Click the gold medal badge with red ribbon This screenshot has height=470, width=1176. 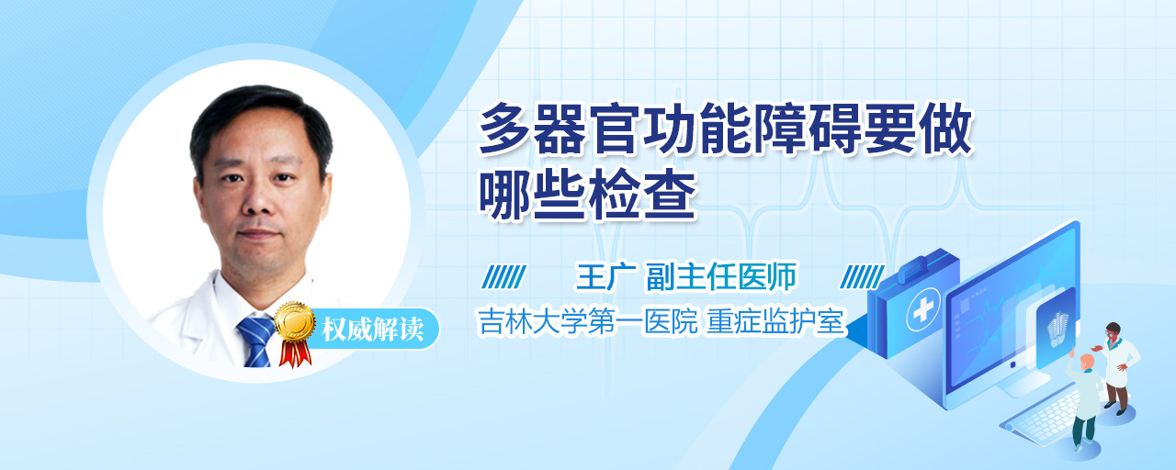tap(295, 331)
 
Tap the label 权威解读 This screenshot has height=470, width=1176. tap(372, 330)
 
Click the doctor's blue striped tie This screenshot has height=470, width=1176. tap(256, 341)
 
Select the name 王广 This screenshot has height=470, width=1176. tap(606, 276)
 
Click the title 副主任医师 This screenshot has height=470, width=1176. tap(721, 276)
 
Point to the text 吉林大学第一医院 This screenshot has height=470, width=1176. tap(588, 321)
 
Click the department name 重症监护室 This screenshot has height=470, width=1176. tap(775, 321)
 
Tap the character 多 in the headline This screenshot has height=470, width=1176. tap(504, 128)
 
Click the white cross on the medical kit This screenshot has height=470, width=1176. tap(922, 310)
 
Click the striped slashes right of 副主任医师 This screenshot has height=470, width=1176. tap(862, 277)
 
